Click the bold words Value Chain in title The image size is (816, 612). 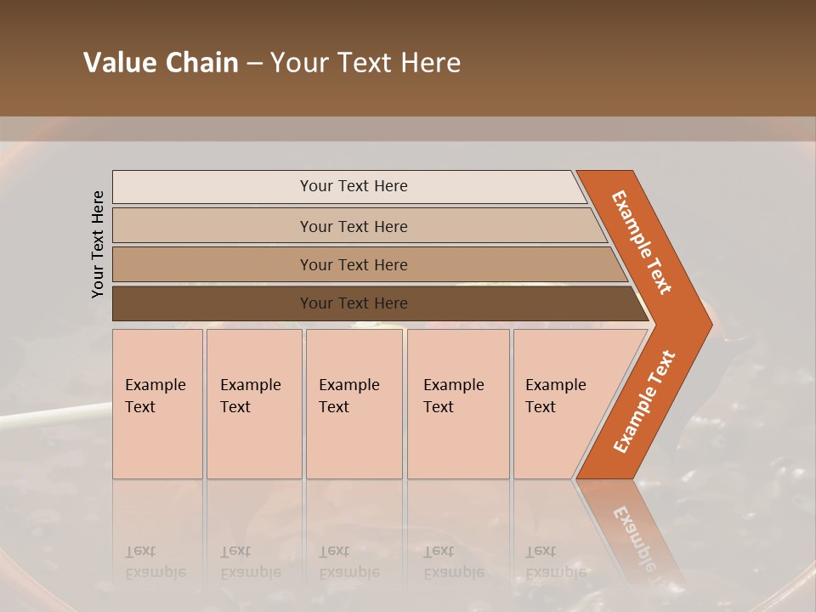tap(161, 63)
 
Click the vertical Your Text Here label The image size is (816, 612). tap(98, 244)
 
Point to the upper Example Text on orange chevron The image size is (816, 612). tap(642, 242)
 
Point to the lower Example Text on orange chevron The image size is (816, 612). tap(644, 401)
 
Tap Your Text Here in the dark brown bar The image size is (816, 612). tap(354, 303)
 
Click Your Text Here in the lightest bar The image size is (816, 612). tap(354, 186)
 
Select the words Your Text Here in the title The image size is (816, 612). tap(365, 63)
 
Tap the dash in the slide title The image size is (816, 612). tap(254, 63)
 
